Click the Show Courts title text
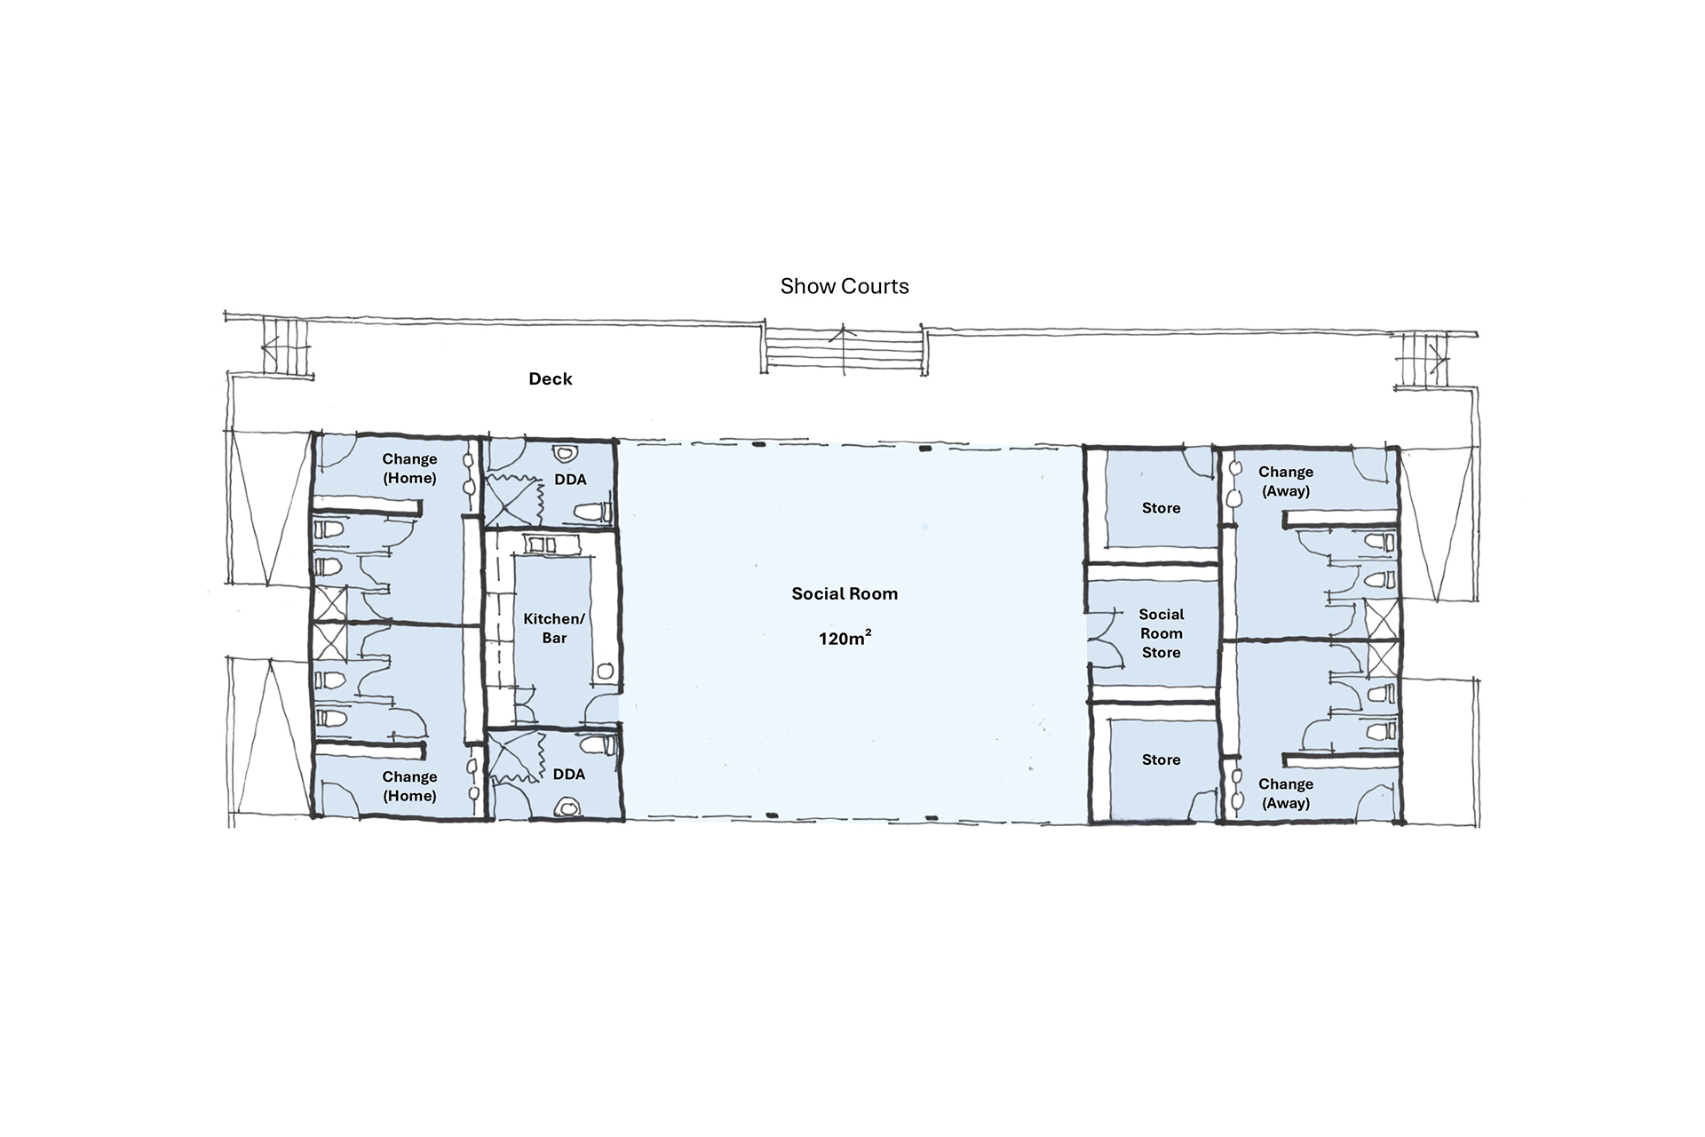tap(845, 286)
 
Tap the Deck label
tap(551, 378)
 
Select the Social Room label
tap(845, 593)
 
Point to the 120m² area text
tap(845, 637)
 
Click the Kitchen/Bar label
tap(554, 628)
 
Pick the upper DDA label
tap(570, 480)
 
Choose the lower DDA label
tap(569, 775)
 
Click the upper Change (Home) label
tap(409, 468)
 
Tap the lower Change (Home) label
tap(409, 786)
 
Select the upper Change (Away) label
tap(1286, 481)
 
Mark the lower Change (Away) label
tap(1286, 793)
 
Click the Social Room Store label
tap(1162, 633)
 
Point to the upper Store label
tap(1162, 508)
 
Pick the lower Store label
tap(1162, 759)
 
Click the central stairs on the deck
tap(845, 348)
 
